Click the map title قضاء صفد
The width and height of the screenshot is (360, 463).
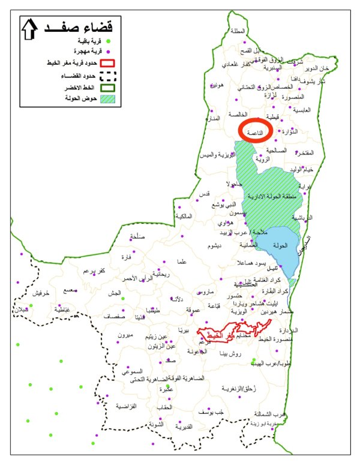coord(89,27)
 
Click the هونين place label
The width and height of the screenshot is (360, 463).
coord(217,85)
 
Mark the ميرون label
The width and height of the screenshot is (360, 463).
coord(125,335)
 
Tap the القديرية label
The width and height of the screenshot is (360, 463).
coord(183,426)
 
